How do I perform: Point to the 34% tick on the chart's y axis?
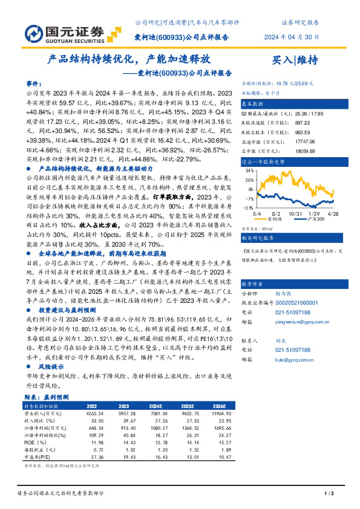tap(249, 171)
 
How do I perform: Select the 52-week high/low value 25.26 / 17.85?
tap(293, 114)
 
